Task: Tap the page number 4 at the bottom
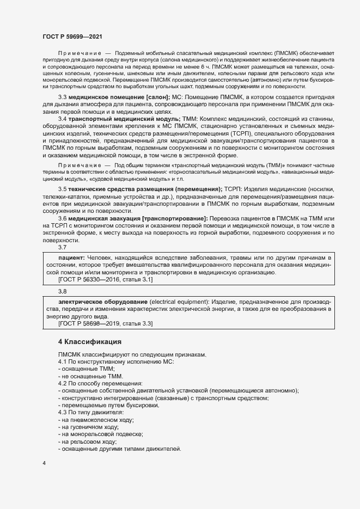44,463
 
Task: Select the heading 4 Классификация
90,341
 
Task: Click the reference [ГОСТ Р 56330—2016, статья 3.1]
105,279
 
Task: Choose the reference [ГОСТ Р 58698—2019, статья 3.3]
105,324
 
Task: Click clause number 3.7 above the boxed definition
62,247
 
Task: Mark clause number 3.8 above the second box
62,292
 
